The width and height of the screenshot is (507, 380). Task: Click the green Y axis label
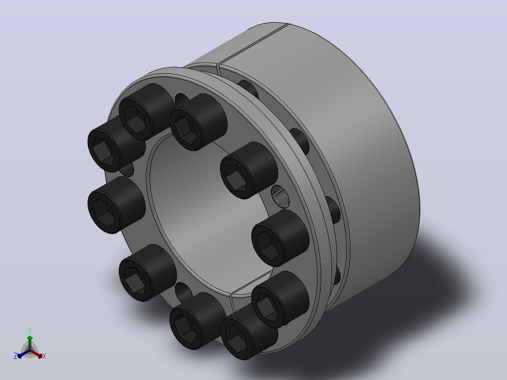(30, 331)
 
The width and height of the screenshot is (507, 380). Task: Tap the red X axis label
(44, 356)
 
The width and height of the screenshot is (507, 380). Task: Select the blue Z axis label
(15, 356)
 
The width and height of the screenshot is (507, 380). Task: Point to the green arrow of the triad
(30, 343)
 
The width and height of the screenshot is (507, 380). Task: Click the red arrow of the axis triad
(36, 354)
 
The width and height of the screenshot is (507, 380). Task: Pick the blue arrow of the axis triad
(24, 354)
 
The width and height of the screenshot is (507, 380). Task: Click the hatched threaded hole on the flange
(280, 197)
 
